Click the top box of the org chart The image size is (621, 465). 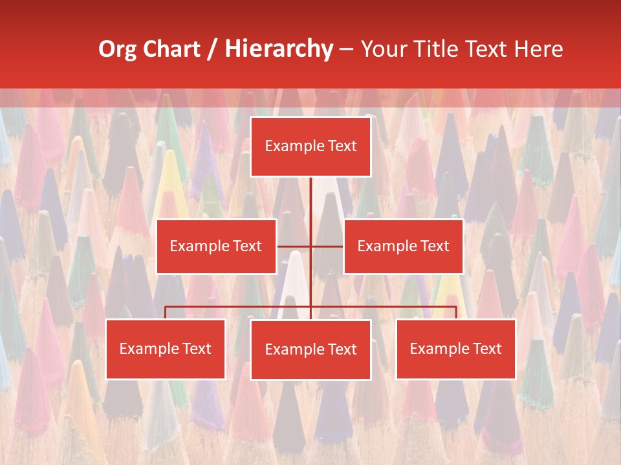(310, 147)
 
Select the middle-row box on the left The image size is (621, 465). (216, 246)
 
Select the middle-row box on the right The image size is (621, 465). (403, 246)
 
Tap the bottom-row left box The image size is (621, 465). (166, 349)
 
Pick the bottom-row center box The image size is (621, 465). (310, 349)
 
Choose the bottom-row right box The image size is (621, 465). (455, 349)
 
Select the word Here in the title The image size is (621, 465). (538, 49)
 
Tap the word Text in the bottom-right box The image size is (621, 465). (487, 349)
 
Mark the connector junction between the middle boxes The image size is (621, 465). (310, 246)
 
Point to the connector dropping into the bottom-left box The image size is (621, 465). (166, 313)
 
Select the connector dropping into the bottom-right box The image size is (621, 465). (455, 313)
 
